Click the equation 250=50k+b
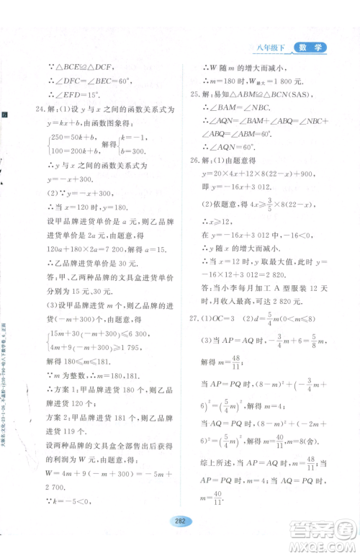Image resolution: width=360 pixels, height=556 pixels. coord(76,138)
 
